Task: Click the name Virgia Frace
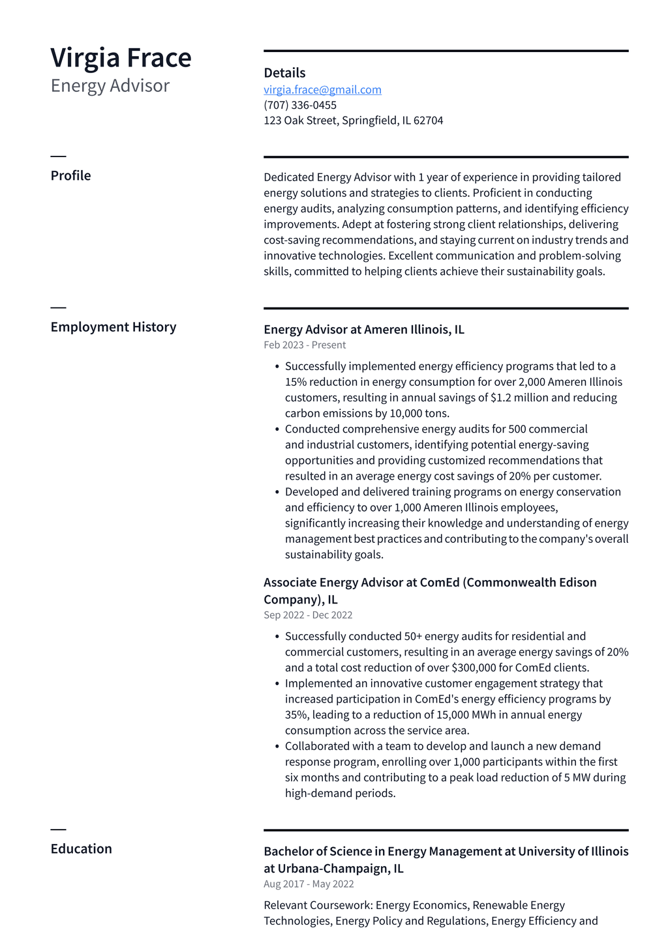coord(121,58)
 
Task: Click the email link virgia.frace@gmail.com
coord(322,89)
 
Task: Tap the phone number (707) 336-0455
coord(300,105)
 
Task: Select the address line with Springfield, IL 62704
coord(353,121)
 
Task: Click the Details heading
coord(284,73)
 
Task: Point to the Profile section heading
coord(70,175)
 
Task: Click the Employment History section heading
coord(114,326)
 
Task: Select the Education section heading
coord(81,849)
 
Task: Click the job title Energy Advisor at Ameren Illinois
coord(363,329)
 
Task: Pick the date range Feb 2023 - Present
coord(305,345)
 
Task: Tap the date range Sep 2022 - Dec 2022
coord(308,615)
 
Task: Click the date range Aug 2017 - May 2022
coord(309,884)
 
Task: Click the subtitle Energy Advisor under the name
coord(110,86)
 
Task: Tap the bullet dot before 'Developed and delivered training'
coord(277,492)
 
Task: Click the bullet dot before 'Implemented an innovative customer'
coord(277,684)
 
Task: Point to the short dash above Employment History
coord(58,308)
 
